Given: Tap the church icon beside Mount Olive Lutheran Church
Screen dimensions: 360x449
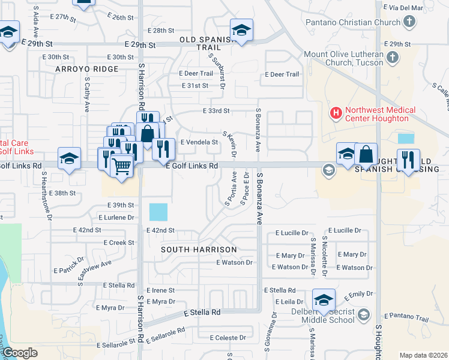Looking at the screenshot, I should [x=393, y=58].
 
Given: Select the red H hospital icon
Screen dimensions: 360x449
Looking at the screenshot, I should [x=335, y=112].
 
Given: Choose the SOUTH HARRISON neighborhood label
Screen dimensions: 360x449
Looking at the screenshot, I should [x=199, y=248].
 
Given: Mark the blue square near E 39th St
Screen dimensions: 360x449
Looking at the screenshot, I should [x=158, y=212].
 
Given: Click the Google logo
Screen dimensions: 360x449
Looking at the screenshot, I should [x=20, y=352].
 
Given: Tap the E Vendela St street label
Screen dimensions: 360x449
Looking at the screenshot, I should [x=199, y=142].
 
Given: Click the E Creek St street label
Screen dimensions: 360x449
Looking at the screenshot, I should [x=118, y=242].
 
